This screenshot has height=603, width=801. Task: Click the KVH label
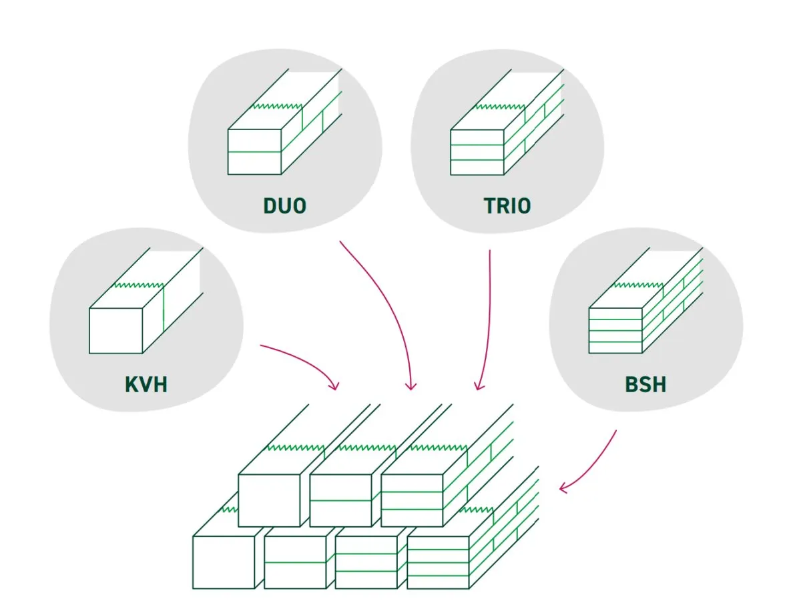(146, 384)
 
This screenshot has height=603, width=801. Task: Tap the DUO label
(285, 205)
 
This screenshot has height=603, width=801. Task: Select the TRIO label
(507, 205)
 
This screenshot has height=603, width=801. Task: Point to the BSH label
(645, 384)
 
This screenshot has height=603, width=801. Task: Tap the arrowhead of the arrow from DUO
(411, 386)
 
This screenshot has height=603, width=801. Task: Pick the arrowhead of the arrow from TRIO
(478, 385)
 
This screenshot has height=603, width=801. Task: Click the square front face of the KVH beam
(116, 330)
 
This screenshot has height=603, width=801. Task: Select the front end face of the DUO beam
(254, 151)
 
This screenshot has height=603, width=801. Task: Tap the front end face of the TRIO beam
(477, 151)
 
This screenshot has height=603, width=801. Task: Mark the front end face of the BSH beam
(615, 330)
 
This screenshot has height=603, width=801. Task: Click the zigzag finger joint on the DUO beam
(277, 106)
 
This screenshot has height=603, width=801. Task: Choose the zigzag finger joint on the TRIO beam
(499, 106)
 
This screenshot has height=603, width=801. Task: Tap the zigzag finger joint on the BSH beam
(637, 285)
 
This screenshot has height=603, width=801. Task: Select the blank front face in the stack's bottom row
(224, 562)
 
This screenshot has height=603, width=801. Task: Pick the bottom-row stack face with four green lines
(438, 562)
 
